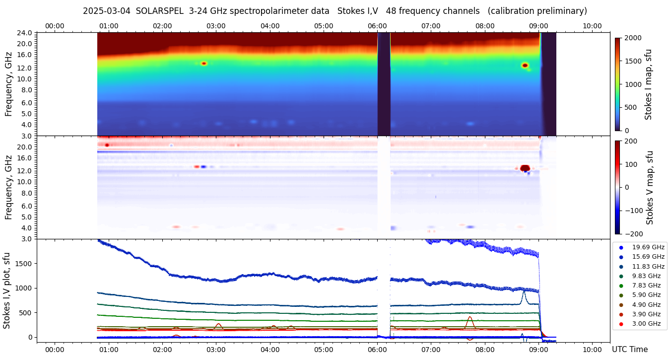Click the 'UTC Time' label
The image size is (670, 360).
point(630,350)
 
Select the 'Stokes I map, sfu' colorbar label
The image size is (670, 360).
point(649,84)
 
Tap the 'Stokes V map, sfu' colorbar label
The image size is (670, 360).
point(650,188)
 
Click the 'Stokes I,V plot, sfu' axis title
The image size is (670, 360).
point(7,290)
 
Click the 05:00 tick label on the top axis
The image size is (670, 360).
point(324,26)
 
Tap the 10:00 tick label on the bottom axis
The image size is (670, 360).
point(592,350)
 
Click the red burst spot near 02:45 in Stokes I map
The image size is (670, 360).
point(203,64)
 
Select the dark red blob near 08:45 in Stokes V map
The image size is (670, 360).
point(525,168)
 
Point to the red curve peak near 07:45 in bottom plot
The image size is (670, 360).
point(469,317)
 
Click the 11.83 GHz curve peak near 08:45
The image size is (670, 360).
point(524,292)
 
